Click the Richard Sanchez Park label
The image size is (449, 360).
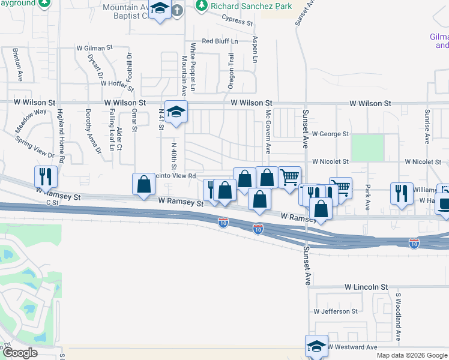coord(251,7)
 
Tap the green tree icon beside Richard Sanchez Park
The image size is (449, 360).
coord(202,7)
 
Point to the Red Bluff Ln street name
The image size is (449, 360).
coord(220,41)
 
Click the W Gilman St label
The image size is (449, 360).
coord(94,47)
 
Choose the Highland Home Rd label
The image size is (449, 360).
coord(61,137)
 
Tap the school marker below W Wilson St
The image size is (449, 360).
coord(176,112)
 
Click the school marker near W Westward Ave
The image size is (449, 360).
coord(316,346)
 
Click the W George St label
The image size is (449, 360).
coord(330,134)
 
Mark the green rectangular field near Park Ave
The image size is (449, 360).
coord(367,147)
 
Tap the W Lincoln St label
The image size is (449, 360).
coord(366,288)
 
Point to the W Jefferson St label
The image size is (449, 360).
coord(335,311)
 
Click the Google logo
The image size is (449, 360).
coord(20,353)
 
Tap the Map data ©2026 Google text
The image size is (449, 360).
coord(411,355)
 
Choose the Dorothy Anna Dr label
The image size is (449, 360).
coord(88,129)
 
